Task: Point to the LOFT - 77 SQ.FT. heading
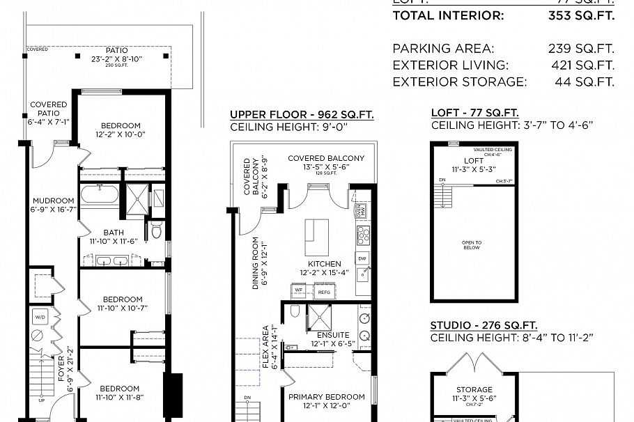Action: (x=474, y=113)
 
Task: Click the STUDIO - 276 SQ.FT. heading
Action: (x=484, y=325)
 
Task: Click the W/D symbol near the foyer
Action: (x=39, y=317)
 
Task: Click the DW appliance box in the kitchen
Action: (x=362, y=258)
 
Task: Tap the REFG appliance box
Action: (x=324, y=292)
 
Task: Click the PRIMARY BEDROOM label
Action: (x=326, y=397)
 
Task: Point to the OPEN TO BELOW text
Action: (x=472, y=244)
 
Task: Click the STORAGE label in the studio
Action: (x=474, y=390)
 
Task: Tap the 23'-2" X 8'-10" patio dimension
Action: (x=116, y=59)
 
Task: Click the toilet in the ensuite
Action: (x=295, y=311)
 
